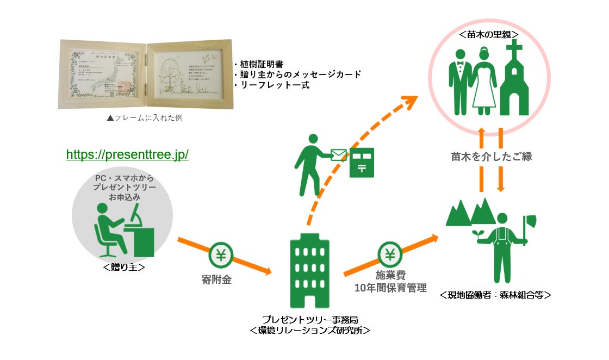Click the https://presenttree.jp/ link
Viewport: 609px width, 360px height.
tap(127, 154)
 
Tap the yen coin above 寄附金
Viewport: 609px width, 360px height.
tap(221, 255)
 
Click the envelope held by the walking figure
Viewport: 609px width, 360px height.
tap(338, 156)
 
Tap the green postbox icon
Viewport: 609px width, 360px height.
tap(362, 162)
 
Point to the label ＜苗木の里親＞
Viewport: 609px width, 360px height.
tap(488, 34)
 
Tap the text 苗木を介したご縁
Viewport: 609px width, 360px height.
tap(491, 157)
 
